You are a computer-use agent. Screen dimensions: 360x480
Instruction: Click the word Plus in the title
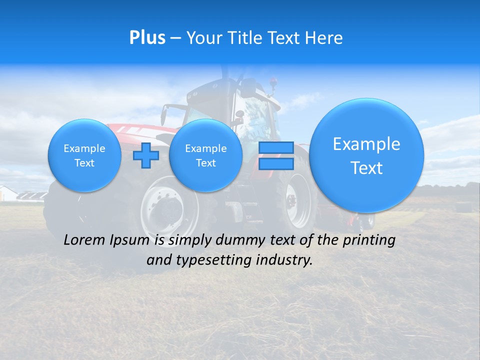click(147, 37)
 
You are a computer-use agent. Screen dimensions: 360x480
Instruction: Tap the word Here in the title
click(324, 37)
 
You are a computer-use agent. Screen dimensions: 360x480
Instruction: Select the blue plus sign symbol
click(146, 155)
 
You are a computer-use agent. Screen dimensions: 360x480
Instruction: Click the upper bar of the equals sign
click(276, 148)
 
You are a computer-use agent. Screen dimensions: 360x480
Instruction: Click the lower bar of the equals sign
click(276, 163)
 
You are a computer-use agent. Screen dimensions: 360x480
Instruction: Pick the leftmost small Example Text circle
click(84, 155)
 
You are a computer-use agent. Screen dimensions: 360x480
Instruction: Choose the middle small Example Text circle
click(205, 155)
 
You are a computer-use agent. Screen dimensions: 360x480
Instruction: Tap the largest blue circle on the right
click(366, 155)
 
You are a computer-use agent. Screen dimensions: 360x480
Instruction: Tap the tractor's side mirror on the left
click(164, 115)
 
